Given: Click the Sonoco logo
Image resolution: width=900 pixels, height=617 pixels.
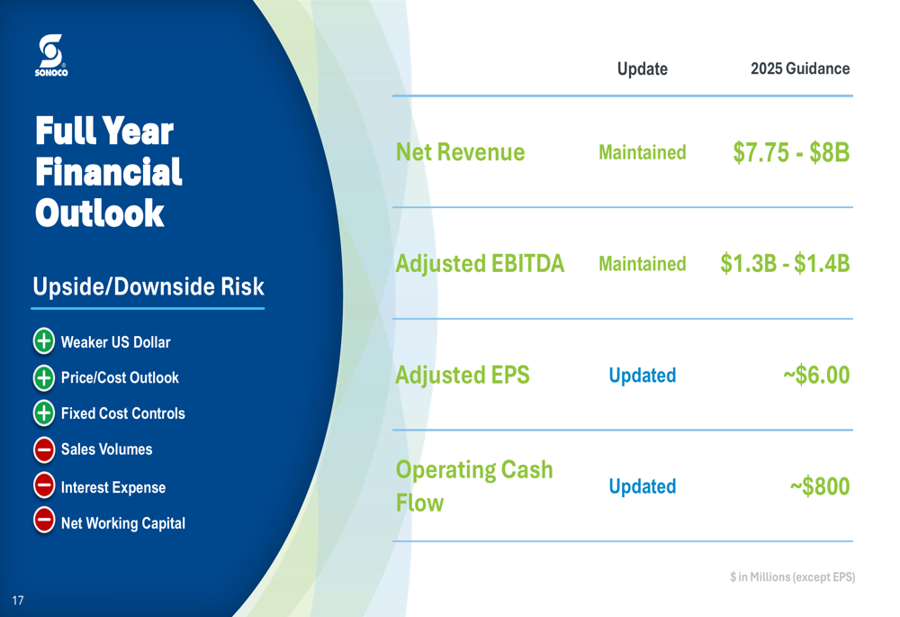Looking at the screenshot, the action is coord(51,55).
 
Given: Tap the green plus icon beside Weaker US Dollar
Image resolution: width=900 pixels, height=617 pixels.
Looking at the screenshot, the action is coord(43,340).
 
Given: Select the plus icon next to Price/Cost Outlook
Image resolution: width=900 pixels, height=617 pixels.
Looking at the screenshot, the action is coord(43,377).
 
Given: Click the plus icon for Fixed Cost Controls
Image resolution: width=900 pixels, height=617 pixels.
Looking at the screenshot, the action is coord(43,413).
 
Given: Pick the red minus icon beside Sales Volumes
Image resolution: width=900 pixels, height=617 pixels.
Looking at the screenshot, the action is coord(43,449).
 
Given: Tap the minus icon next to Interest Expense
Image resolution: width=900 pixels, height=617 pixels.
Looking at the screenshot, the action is coord(43,486).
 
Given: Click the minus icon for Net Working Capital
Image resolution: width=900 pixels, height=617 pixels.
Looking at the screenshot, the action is coord(43,521).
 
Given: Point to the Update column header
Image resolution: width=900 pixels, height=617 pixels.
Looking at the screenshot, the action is coord(643,69).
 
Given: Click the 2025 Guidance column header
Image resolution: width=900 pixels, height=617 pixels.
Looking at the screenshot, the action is coord(800,68).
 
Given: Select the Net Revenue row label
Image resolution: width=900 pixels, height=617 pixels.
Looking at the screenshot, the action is coord(460,152).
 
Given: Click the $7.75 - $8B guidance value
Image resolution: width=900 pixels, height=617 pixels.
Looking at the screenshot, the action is coord(791,152).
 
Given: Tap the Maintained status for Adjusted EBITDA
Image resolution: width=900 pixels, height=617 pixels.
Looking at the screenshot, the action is coord(643,264).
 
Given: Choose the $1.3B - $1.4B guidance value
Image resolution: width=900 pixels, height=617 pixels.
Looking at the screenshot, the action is coord(785,264).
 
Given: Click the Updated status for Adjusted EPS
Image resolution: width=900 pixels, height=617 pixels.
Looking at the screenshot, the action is coord(643,375).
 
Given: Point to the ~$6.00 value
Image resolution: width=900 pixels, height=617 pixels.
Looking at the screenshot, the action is coord(816,375).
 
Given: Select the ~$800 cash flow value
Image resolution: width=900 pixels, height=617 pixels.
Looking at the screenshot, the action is coord(820,486).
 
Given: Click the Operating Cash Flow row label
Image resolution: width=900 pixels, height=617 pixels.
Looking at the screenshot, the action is coord(474,486).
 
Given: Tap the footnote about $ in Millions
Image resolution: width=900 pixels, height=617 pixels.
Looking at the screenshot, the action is coord(792,576).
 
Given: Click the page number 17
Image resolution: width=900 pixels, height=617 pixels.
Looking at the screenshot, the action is coord(18,601).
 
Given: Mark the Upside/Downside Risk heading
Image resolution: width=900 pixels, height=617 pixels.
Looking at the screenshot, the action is coord(148,286).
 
